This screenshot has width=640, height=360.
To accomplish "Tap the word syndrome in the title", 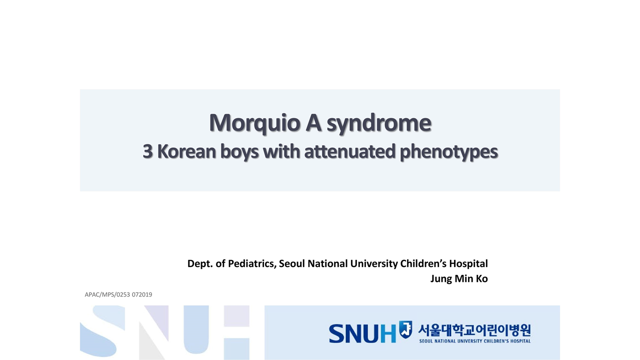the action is [379, 123].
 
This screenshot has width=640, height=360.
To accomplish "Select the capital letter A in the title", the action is [313, 122].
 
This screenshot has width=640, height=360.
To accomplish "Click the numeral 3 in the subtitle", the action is [147, 151].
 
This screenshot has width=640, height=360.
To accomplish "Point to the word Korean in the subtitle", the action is [186, 151].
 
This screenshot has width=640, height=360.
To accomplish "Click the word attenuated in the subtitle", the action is [349, 151].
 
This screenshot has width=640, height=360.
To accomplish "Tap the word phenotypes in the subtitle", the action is [449, 152].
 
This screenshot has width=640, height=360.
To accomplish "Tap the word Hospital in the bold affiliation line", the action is [468, 264].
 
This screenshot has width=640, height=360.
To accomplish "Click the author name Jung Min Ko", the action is [459, 279].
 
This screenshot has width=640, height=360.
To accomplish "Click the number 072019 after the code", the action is [142, 294].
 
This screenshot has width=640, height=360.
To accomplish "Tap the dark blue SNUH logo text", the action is [362, 333].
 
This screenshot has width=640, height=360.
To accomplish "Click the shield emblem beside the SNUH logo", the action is [405, 329].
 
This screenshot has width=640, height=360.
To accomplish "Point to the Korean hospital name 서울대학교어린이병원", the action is [474, 330].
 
